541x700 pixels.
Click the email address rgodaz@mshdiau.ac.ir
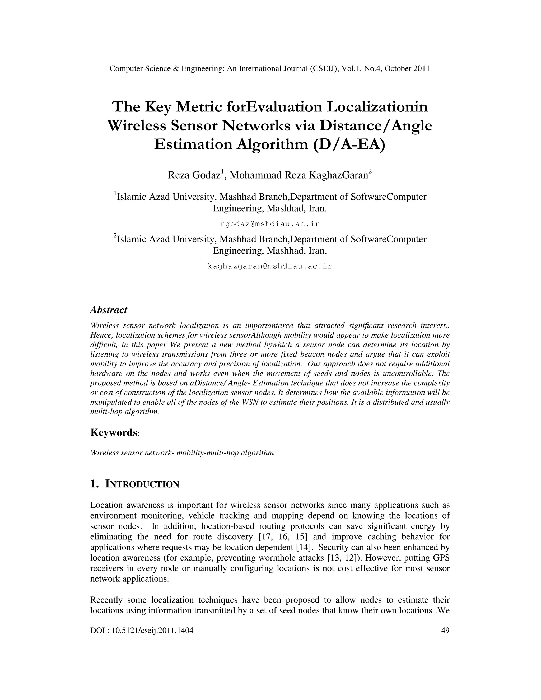tap(270, 224)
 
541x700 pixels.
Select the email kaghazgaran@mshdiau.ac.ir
tap(270, 266)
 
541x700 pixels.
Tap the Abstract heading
tap(109, 310)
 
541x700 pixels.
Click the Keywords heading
tap(115, 433)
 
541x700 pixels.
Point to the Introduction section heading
tap(135, 484)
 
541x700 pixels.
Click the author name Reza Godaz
tap(194, 175)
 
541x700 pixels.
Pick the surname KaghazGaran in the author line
tap(338, 175)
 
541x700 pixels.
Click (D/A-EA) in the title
tap(349, 144)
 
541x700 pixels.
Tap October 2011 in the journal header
tap(407, 69)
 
